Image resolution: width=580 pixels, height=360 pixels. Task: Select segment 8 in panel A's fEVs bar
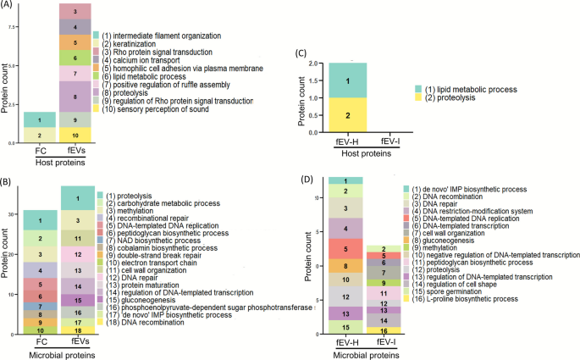click(75, 97)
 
